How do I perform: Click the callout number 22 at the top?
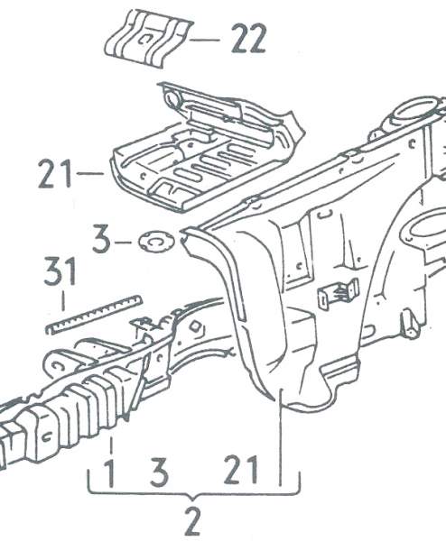pyautogui.click(x=249, y=38)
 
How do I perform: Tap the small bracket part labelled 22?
pyautogui.click(x=149, y=38)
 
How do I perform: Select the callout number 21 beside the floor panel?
pyautogui.click(x=55, y=173)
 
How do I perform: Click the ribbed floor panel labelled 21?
pyautogui.click(x=208, y=149)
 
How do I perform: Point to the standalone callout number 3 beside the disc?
pyautogui.click(x=101, y=239)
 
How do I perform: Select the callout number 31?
pyautogui.click(x=60, y=271)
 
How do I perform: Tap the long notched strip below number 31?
pyautogui.click(x=94, y=315)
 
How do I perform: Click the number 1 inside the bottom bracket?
pyautogui.click(x=109, y=472)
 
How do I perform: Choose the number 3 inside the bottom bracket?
pyautogui.click(x=160, y=472)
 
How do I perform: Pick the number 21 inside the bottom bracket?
pyautogui.click(x=241, y=470)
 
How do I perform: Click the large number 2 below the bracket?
pyautogui.click(x=192, y=520)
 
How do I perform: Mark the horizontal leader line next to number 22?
pyautogui.click(x=205, y=40)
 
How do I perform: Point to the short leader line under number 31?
pyautogui.click(x=63, y=301)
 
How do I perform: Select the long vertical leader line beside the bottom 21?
pyautogui.click(x=281, y=437)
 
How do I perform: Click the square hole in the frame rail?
pyautogui.click(x=195, y=326)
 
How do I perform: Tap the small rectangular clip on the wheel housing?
pyautogui.click(x=338, y=293)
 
